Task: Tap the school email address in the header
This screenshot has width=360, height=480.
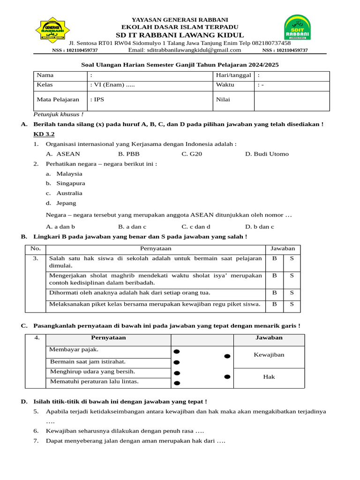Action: tap(185, 50)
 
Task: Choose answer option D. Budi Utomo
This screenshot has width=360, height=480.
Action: tap(267, 154)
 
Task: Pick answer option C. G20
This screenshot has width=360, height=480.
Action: tap(192, 154)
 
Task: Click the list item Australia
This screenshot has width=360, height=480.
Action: tap(69, 193)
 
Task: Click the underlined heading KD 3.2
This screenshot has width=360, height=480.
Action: tap(44, 134)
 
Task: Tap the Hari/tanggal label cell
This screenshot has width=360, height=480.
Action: tap(233, 75)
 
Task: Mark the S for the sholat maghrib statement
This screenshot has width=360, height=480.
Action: tap(292, 276)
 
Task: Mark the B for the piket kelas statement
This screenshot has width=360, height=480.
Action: tap(275, 304)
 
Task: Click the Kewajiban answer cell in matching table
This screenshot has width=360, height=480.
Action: tap(269, 355)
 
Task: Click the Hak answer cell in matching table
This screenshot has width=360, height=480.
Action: tap(269, 376)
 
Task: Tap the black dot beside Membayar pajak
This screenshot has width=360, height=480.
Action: tap(176, 352)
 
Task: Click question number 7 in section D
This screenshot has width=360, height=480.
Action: tap(36, 441)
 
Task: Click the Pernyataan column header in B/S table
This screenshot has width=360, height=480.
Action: tap(156, 248)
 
